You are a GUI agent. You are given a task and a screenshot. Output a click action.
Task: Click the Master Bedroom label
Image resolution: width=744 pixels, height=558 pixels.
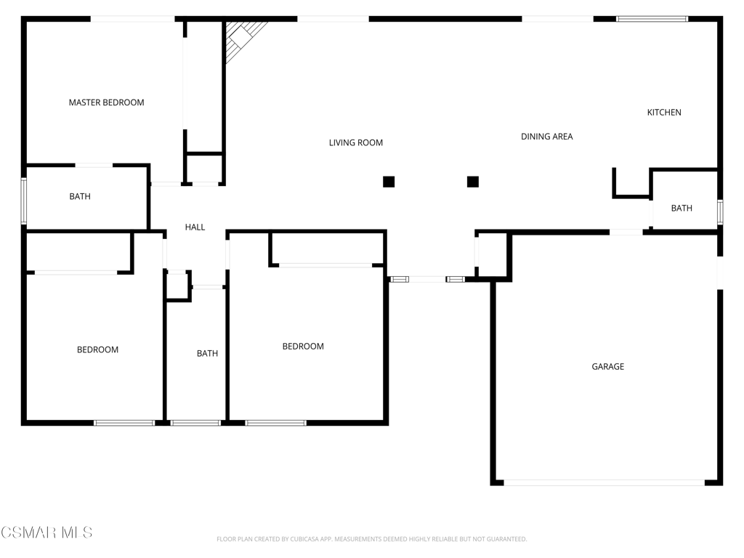coord(106,102)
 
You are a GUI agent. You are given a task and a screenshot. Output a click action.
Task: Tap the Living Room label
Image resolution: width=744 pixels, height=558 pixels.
coord(355,142)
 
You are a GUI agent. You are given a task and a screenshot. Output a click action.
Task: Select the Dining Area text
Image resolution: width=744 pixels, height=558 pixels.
coord(546,136)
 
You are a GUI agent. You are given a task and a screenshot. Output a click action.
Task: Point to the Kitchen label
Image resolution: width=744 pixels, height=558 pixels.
coord(664,112)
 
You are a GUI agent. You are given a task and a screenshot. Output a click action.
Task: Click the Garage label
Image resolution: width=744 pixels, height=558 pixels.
coord(607,366)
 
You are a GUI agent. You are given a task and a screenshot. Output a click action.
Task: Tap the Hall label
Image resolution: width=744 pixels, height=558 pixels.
coord(195,227)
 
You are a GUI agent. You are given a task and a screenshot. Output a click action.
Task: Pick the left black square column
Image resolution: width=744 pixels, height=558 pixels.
coord(389,182)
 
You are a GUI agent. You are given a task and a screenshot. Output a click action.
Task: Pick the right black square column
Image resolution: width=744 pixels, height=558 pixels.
coord(473,182)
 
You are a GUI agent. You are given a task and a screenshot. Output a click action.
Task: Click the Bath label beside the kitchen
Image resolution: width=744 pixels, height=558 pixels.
coord(682,208)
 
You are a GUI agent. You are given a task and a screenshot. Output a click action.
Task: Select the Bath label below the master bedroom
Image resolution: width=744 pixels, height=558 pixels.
coord(80,196)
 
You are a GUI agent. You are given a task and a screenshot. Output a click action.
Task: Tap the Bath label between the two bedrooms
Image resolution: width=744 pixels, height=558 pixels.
coord(207,353)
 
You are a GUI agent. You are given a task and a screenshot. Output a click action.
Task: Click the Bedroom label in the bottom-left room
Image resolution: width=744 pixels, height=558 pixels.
coord(97,349)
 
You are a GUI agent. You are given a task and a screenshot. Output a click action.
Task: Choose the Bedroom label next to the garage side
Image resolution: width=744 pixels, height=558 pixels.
coord(303,346)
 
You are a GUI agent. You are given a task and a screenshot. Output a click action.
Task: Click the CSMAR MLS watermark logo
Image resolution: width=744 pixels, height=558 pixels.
coord(46,533)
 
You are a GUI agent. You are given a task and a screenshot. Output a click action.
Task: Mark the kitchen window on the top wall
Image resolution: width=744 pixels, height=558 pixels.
coord(652,19)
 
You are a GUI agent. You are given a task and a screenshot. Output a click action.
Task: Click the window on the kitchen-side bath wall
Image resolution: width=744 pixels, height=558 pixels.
coord(720,211)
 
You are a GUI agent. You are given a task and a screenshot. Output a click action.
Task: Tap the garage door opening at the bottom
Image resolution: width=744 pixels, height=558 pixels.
coord(604,482)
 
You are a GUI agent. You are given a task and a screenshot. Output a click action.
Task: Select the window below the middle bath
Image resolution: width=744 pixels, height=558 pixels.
coord(195,422)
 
